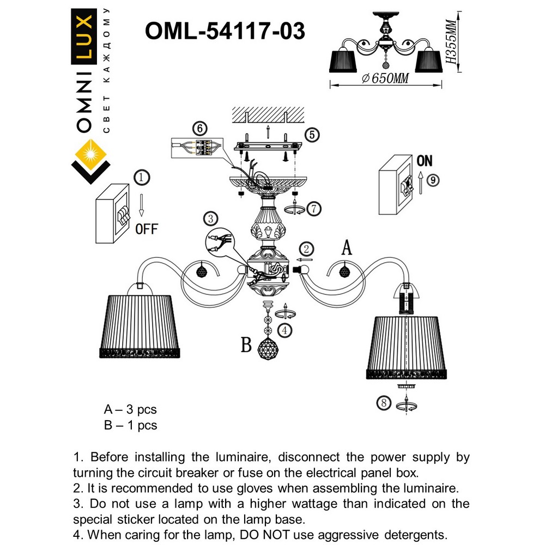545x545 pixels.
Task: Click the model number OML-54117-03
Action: click(225, 31)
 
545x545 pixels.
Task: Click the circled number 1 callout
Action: click(141, 178)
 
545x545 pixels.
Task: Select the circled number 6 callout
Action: click(200, 129)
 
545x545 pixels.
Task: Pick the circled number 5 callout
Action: click(311, 135)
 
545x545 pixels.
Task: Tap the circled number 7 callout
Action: click(312, 208)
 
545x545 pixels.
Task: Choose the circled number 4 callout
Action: click(284, 330)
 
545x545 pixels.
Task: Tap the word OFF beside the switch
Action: click(146, 229)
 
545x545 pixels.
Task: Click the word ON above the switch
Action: click(424, 161)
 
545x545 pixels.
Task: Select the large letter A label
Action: click(346, 248)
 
